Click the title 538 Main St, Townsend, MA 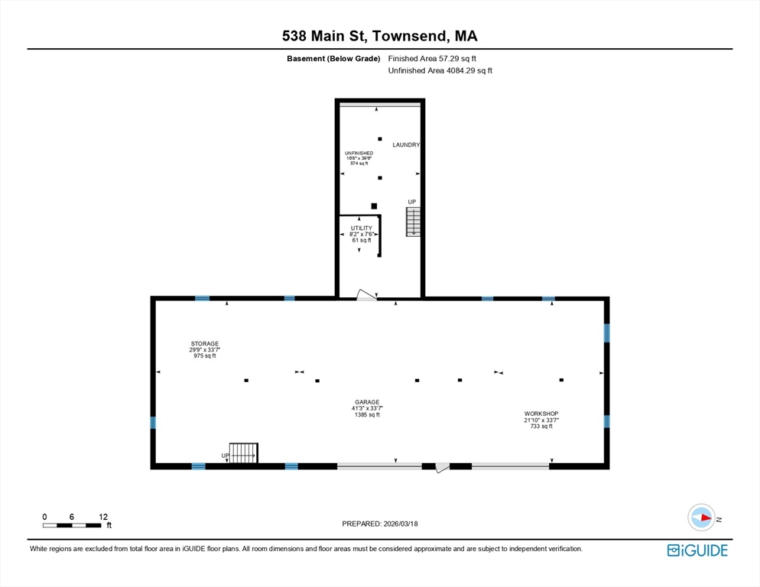(x=379, y=36)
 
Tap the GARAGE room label (x=367, y=402)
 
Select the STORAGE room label (x=205, y=344)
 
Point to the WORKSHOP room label (x=541, y=414)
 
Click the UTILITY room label (x=362, y=229)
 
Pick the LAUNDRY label (x=406, y=145)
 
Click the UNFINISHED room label (x=359, y=153)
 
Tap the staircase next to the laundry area (x=413, y=222)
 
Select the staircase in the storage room (x=243, y=452)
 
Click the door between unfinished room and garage (x=366, y=295)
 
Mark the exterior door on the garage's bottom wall (x=442, y=467)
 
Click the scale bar (x=72, y=525)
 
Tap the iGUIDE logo (x=697, y=550)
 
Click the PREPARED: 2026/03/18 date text (x=380, y=524)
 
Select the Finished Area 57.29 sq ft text (x=432, y=59)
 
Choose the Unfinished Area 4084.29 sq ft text (x=440, y=71)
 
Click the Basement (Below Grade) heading (x=333, y=59)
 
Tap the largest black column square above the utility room (x=374, y=206)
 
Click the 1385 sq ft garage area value (x=367, y=415)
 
